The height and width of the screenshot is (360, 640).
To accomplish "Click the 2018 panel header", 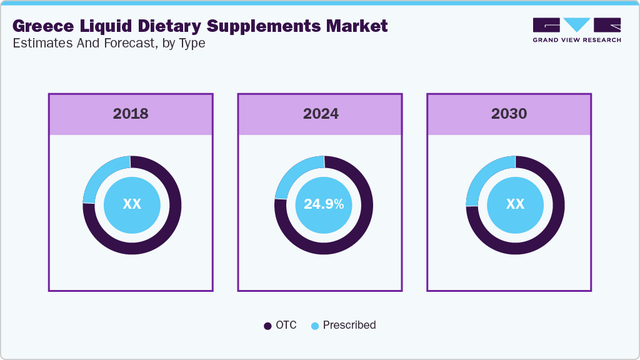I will [131, 114].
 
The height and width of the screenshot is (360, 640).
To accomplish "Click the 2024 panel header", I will [321, 114].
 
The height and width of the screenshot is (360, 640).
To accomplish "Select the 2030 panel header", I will [509, 114].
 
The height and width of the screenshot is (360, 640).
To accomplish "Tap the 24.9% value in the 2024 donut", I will [323, 204].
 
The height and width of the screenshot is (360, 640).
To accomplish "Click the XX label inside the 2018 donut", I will [132, 204].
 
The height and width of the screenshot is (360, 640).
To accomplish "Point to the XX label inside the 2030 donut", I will [515, 204].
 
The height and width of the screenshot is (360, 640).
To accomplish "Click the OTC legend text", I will [286, 325].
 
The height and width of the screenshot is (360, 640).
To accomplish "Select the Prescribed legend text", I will [349, 325].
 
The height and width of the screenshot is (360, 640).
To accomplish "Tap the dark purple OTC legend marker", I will [268, 326].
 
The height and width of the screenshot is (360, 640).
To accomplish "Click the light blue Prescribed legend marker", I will [315, 326].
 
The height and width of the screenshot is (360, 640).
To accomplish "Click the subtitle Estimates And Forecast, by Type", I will [109, 43].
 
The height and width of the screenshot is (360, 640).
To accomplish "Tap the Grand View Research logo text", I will [576, 40].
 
